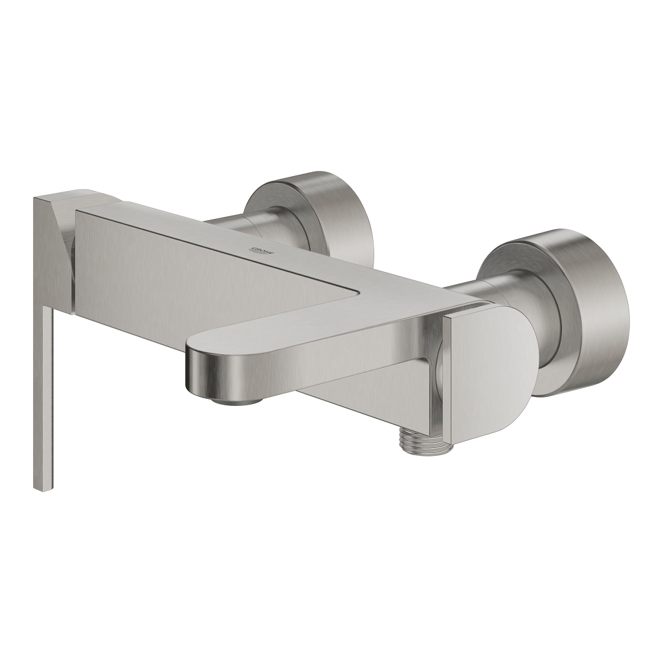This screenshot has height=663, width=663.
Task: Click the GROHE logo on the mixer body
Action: [262, 251]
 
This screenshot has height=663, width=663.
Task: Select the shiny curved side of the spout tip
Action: [207, 369]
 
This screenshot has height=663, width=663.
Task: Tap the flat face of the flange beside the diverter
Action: [518, 272]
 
